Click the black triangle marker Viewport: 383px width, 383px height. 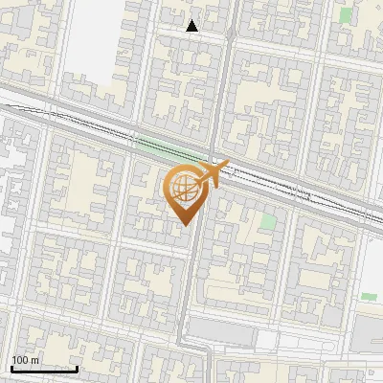192,26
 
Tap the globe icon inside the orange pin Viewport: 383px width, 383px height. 185,187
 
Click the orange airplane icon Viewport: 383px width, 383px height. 212,173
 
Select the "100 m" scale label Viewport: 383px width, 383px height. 26,361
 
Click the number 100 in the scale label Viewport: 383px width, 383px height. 21,361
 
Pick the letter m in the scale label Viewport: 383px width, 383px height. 35,361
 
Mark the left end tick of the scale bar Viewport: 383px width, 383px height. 11,368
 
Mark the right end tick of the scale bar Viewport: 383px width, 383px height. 77,368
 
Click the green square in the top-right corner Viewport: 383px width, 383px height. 346,15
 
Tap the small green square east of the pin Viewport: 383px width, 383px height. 268,221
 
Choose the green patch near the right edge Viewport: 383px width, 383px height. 368,298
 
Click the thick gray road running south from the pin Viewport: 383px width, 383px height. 191,287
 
